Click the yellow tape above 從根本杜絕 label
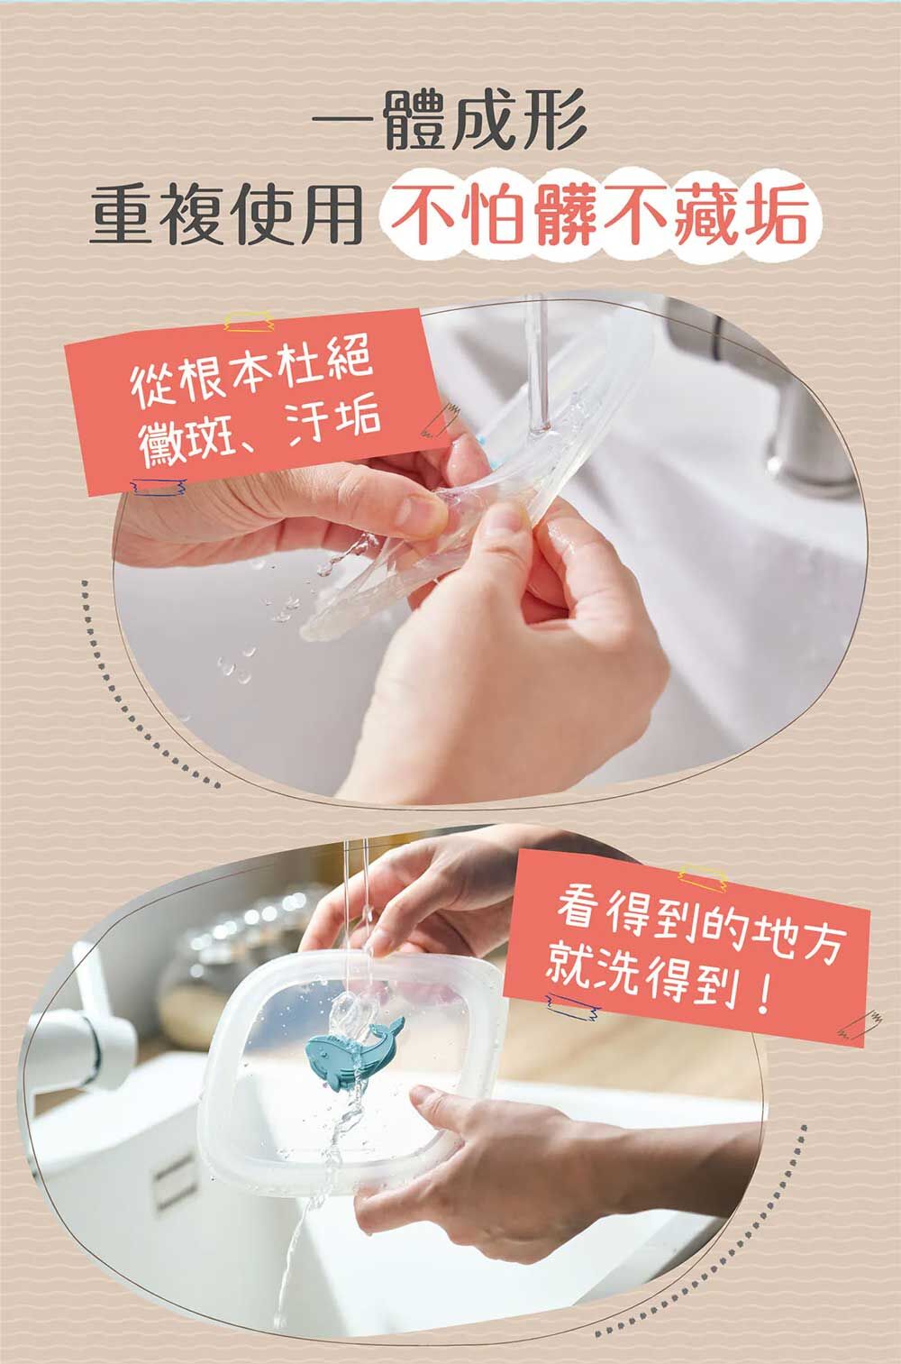249,322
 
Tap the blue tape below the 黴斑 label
159,486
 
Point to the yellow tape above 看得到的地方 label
703,877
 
